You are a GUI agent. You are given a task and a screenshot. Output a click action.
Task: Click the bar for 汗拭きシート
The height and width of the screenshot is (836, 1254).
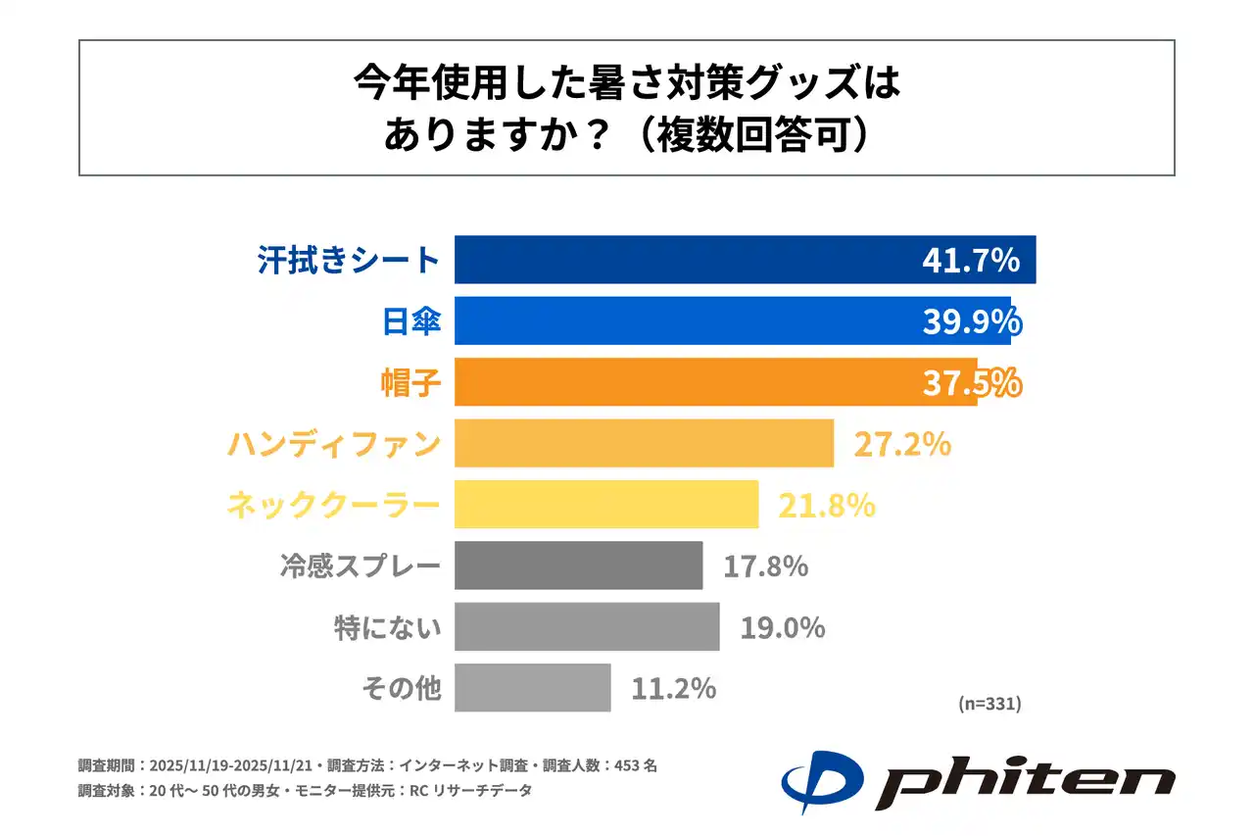tap(686, 260)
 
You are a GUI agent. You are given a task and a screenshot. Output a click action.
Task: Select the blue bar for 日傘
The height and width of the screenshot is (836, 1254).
tap(686, 320)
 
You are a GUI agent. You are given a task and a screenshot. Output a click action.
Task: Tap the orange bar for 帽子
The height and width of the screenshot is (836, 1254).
tap(686, 382)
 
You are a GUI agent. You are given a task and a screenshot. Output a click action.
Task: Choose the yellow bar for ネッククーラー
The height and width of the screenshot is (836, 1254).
tap(606, 505)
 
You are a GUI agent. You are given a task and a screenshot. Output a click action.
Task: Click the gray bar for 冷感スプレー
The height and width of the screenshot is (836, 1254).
tap(578, 566)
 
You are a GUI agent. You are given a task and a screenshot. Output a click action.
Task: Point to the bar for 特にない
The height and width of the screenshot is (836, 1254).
tap(587, 627)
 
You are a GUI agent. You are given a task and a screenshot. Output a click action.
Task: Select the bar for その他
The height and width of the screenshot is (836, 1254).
tap(533, 688)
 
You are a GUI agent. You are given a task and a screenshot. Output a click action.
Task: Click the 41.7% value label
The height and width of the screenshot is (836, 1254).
tap(971, 261)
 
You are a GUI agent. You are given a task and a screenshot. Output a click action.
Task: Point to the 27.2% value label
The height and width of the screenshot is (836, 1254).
tap(902, 444)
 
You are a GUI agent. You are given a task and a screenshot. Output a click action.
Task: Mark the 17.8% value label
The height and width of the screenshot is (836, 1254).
tap(765, 566)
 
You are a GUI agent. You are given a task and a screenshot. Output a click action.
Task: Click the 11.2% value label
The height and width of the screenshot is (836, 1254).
tap(673, 689)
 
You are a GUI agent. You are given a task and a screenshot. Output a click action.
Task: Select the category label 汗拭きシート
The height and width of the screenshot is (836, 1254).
tap(349, 261)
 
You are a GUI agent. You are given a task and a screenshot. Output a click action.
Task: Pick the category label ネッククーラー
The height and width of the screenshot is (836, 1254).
tap(334, 506)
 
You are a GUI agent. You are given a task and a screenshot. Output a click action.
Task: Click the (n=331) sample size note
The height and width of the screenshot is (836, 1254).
tap(989, 703)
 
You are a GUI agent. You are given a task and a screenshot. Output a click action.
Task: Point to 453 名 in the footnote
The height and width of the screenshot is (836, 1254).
tap(634, 765)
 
